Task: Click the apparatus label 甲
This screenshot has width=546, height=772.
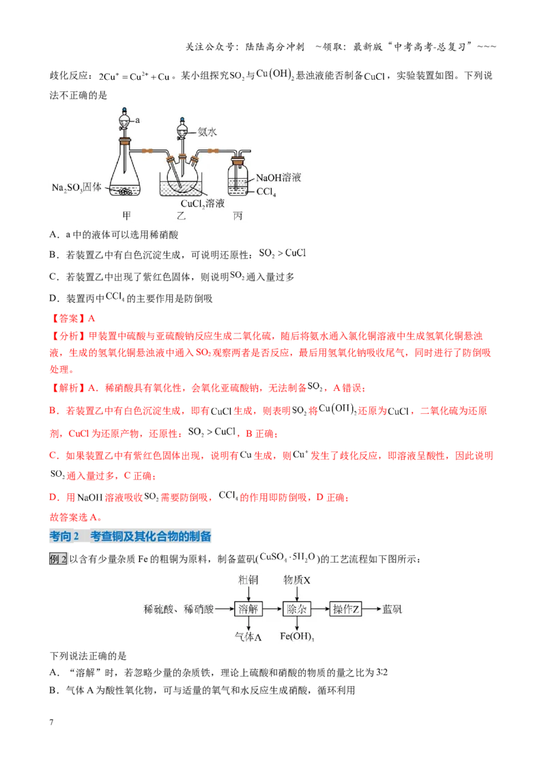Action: [127, 216]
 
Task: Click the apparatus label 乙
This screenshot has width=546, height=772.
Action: [182, 216]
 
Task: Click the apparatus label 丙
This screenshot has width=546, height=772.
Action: [238, 216]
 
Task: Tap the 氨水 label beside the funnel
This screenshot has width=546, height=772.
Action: [207, 132]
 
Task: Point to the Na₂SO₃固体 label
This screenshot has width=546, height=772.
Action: [76, 188]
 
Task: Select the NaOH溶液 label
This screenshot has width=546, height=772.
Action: [278, 178]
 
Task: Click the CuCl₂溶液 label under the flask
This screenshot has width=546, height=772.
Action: [203, 204]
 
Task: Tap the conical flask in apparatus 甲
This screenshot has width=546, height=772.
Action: [125, 169]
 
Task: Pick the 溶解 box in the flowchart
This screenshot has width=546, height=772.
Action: [248, 609]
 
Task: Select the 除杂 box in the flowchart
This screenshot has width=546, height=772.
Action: [297, 609]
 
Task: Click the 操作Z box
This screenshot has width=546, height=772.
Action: [345, 609]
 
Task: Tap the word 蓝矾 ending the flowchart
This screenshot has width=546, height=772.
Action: [392, 609]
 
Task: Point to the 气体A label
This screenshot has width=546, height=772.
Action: [248, 636]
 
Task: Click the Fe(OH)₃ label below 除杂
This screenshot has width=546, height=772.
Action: [297, 636]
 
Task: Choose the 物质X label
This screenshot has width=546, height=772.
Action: [297, 580]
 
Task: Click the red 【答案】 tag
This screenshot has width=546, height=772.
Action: [68, 318]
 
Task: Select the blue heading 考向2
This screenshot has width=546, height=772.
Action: [65, 536]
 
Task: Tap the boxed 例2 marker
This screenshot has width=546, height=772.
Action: [57, 559]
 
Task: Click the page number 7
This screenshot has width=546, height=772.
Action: [51, 722]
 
